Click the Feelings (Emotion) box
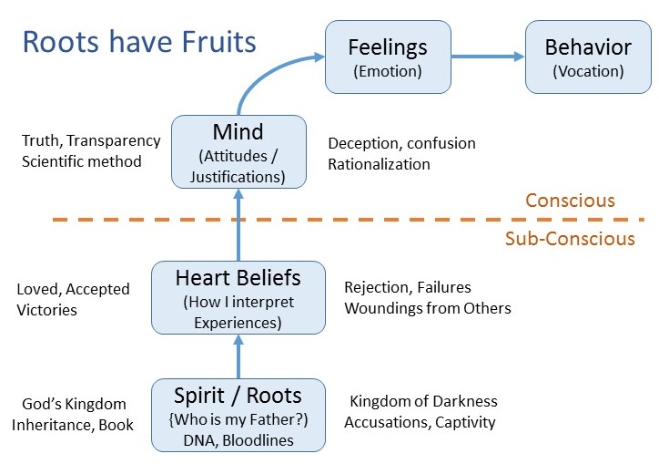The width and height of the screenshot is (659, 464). click(x=388, y=57)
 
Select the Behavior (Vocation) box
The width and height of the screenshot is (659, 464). click(x=588, y=57)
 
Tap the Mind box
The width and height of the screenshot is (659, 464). click(x=238, y=151)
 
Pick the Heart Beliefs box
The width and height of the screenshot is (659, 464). click(x=238, y=298)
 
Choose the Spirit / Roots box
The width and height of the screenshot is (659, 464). click(x=238, y=415)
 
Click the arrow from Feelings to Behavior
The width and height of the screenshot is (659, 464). click(x=488, y=57)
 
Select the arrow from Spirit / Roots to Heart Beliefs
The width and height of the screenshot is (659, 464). click(x=238, y=356)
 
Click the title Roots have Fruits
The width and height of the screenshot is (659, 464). click(x=139, y=42)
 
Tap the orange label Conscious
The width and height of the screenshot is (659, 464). click(x=571, y=201)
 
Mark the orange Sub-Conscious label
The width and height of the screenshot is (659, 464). click(x=570, y=238)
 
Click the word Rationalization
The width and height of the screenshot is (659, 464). click(x=379, y=164)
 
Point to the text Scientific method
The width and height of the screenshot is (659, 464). click(x=82, y=161)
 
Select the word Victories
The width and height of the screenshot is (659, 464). click(x=47, y=310)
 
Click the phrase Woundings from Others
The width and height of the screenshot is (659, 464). click(x=428, y=308)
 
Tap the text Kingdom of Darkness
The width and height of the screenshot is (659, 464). click(x=423, y=401)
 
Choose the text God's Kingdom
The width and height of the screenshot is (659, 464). click(x=74, y=404)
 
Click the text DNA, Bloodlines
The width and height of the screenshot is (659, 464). click(x=238, y=440)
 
